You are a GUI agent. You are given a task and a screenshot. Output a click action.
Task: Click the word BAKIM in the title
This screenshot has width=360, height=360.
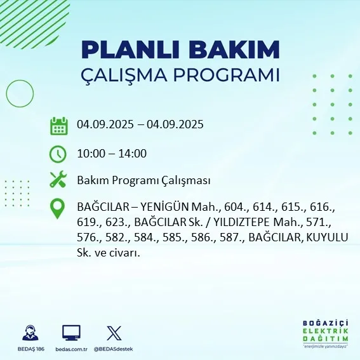[x=238, y=50]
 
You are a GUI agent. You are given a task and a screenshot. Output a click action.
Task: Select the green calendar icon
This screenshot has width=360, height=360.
[x=58, y=126]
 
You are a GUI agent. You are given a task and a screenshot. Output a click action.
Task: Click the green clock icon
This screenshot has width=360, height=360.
[x=58, y=153]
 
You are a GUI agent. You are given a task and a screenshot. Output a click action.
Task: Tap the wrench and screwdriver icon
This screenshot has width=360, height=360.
[x=58, y=180]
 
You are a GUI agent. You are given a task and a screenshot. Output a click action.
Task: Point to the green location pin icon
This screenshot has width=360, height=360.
[x=58, y=209]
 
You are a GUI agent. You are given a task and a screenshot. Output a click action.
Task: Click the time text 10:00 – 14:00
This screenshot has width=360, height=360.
[x=112, y=153]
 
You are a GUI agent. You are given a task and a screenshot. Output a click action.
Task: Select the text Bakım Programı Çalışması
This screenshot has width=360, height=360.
[x=143, y=180]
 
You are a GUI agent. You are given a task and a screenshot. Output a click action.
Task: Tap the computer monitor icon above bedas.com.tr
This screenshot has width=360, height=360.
[x=71, y=333]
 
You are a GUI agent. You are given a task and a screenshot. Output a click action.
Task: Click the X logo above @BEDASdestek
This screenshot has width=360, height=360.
[x=114, y=333]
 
